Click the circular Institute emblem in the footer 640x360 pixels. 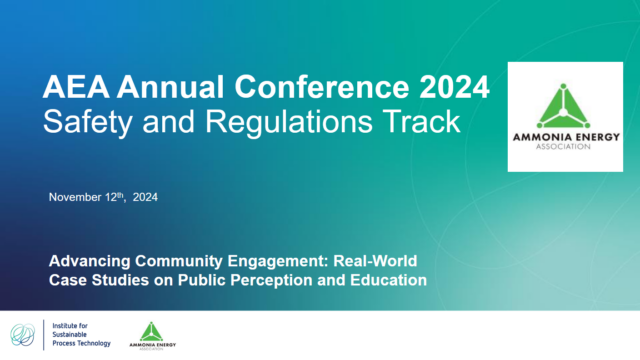coord(23,335)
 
